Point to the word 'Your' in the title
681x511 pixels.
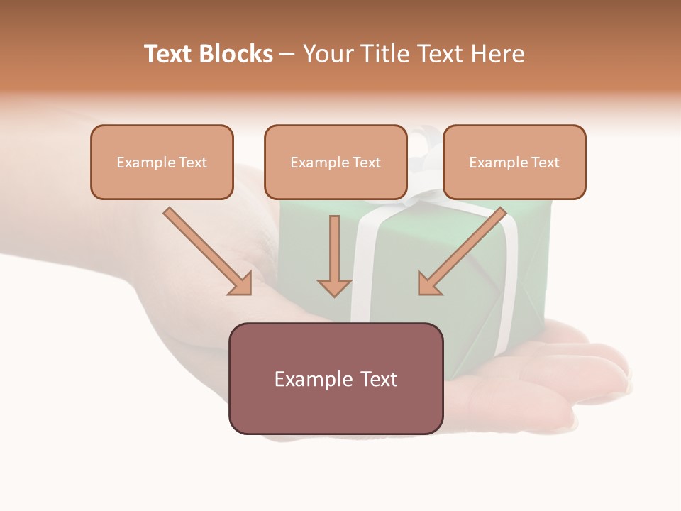click(327, 54)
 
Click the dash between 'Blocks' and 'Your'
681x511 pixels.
click(287, 55)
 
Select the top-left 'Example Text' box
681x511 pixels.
click(162, 162)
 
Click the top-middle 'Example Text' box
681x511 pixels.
click(336, 162)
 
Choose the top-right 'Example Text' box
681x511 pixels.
click(514, 162)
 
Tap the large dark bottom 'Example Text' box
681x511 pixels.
click(336, 378)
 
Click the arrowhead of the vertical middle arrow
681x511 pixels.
click(334, 287)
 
